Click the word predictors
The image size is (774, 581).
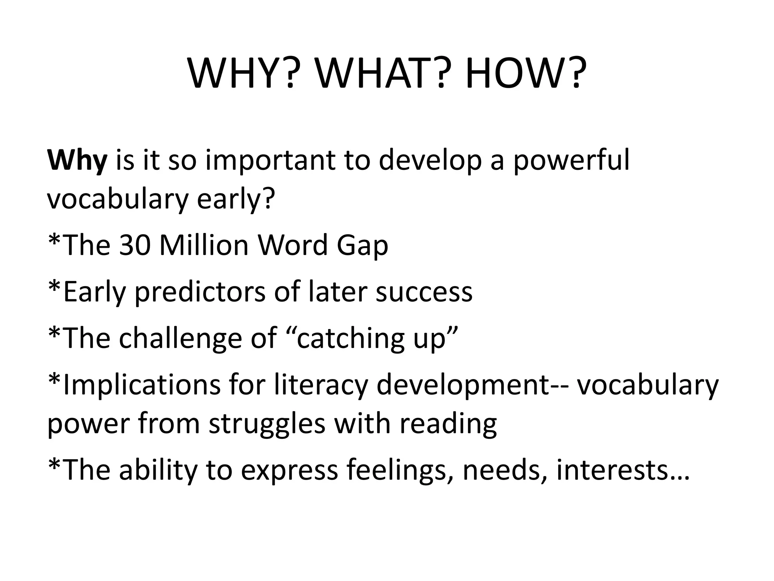[x=200, y=292]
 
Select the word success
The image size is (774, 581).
[x=424, y=292]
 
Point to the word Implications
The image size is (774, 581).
[x=142, y=385]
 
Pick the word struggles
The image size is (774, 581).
[x=267, y=424]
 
